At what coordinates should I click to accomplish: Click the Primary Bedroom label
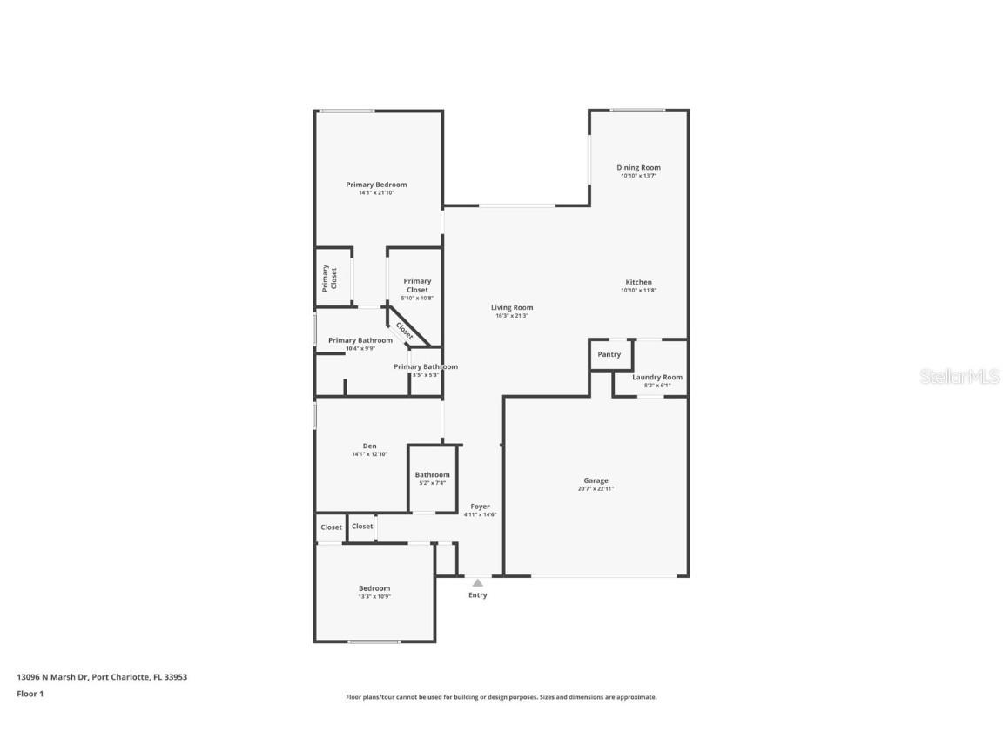pyautogui.click(x=376, y=185)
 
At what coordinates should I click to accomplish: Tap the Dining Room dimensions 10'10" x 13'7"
pyautogui.click(x=638, y=176)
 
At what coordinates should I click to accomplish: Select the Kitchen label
pyautogui.click(x=638, y=282)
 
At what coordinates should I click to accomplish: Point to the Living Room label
pyautogui.click(x=512, y=307)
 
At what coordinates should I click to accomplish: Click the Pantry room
pyautogui.click(x=609, y=354)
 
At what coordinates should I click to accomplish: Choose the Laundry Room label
pyautogui.click(x=657, y=377)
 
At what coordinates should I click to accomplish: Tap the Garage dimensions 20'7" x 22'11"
pyautogui.click(x=596, y=489)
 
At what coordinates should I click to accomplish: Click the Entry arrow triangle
pyautogui.click(x=477, y=582)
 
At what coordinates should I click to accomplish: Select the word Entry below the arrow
pyautogui.click(x=478, y=595)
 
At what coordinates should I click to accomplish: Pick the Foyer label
pyautogui.click(x=480, y=507)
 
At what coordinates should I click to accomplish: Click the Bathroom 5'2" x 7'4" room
pyautogui.click(x=433, y=479)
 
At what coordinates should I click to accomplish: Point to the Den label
pyautogui.click(x=369, y=446)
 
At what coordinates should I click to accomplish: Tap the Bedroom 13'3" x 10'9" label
pyautogui.click(x=374, y=588)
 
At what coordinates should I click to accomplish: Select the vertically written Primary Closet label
pyautogui.click(x=329, y=278)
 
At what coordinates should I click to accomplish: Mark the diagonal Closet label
pyautogui.click(x=405, y=331)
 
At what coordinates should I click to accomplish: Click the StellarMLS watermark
pyautogui.click(x=959, y=377)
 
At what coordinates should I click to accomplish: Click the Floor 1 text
pyautogui.click(x=30, y=694)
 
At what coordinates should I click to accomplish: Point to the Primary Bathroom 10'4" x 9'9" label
pyautogui.click(x=360, y=340)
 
